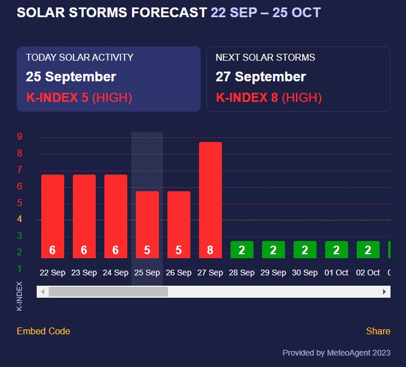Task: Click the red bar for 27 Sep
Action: point(210,200)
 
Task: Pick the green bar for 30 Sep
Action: point(305,250)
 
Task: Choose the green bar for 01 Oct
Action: point(337,250)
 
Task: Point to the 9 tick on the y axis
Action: point(19,137)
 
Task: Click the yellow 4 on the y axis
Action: point(19,219)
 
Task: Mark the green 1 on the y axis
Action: point(19,269)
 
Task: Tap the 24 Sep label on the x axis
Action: point(116,273)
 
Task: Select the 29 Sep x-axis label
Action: point(274,273)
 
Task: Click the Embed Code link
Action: point(44,331)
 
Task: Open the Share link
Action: point(378,331)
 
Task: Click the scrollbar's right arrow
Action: point(385,292)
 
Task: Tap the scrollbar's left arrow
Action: point(42,292)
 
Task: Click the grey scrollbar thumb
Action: point(108,292)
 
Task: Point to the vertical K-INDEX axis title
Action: point(19,295)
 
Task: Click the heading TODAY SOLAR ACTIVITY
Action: point(80,57)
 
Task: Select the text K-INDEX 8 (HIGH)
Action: point(269,98)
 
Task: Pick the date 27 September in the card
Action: point(261,77)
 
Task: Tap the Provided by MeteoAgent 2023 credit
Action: point(336,353)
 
